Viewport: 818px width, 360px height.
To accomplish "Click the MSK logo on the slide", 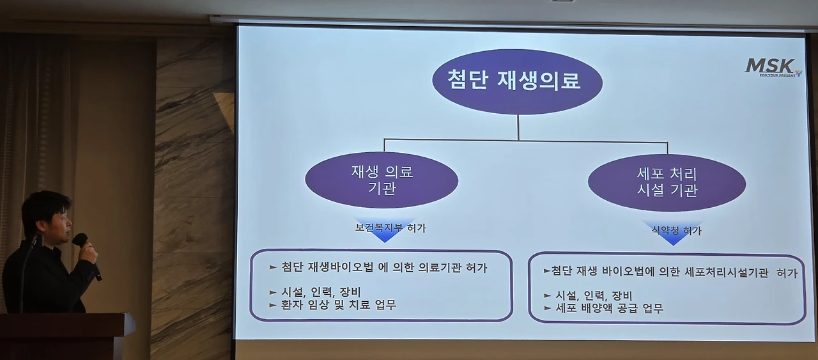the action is [773, 68].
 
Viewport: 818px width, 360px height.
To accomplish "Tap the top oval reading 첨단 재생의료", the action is [517, 81].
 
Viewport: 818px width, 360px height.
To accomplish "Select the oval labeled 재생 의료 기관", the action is [382, 180].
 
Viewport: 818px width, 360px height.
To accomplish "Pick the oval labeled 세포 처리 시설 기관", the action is [667, 182].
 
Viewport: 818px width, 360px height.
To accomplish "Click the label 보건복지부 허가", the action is [390, 228].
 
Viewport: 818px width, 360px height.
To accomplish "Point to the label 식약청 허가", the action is [677, 230].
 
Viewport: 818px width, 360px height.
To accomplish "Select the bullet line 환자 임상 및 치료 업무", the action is [332, 305].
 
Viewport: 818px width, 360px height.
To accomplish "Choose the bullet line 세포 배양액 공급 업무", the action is [603, 308].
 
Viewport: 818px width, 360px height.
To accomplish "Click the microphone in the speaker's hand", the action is [86, 254].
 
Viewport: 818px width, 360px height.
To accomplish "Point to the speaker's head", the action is [47, 217].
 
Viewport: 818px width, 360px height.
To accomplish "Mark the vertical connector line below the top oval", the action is [518, 127].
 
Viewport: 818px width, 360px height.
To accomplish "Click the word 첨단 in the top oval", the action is [468, 79].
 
